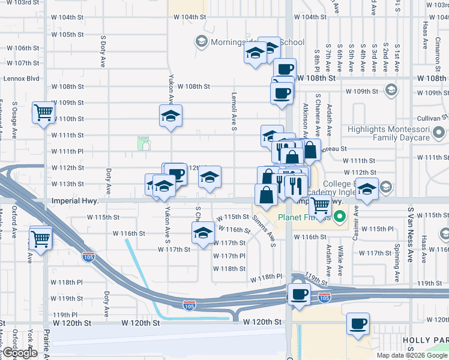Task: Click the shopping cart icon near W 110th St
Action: point(44,112)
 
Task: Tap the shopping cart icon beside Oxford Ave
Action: point(41,238)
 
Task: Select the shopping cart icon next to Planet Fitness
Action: point(321,205)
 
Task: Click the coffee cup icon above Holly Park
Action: point(358,325)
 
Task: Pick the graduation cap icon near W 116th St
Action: point(203,233)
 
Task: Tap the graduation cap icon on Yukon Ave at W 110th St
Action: point(170,115)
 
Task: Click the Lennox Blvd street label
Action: point(21,79)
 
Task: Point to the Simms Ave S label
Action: point(264,231)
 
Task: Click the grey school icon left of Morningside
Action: point(200,41)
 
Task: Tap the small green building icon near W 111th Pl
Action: point(143,143)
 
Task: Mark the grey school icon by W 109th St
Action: point(391,91)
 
